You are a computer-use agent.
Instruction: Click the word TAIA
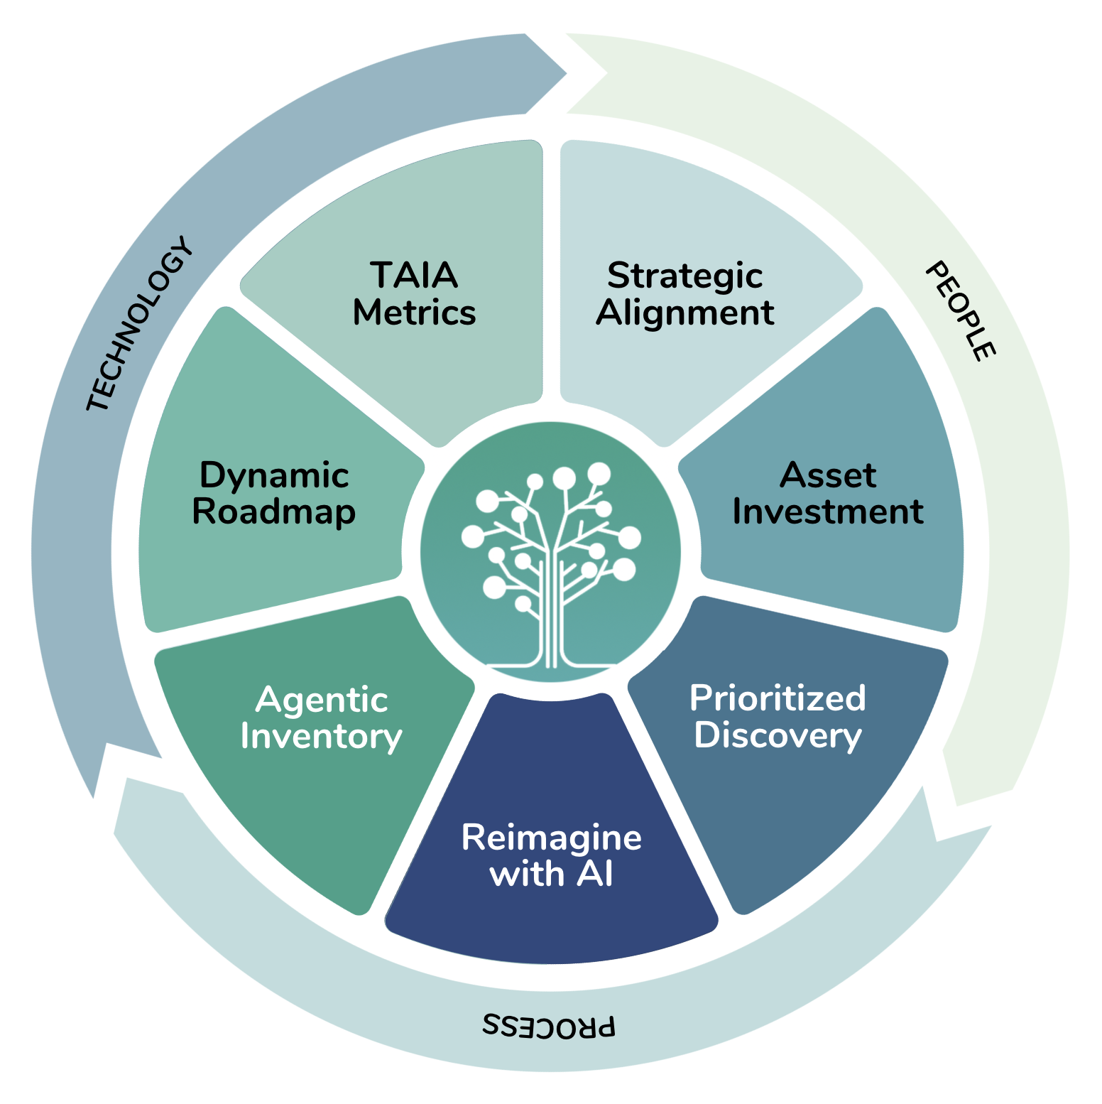tap(414, 275)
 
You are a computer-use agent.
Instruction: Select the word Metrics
tap(414, 313)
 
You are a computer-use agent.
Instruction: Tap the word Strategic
tap(684, 276)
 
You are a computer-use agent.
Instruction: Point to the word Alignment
tap(684, 313)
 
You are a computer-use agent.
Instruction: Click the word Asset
tap(828, 475)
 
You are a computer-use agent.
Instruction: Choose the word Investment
tap(828, 512)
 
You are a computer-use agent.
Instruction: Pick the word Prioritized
tap(778, 698)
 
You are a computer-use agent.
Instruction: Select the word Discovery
tap(778, 735)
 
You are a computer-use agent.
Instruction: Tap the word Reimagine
tap(551, 838)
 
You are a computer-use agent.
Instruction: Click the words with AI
tap(551, 874)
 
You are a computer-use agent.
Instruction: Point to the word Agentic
tap(322, 700)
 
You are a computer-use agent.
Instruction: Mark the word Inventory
tap(322, 737)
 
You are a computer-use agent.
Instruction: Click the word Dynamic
tap(274, 475)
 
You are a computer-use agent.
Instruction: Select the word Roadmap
tap(274, 512)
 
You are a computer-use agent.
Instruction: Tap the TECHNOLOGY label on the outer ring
tap(139, 324)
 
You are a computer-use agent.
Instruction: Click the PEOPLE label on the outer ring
tap(961, 311)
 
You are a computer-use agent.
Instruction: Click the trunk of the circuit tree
tap(552, 611)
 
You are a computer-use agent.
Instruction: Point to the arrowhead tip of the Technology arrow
tap(566, 72)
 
